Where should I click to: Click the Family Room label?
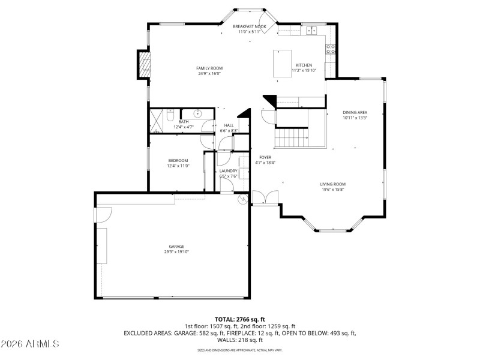click(x=209, y=68)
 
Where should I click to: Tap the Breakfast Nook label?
click(x=250, y=27)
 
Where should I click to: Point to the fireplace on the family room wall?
click(x=143, y=64)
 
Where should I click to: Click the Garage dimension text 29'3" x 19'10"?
click(x=176, y=252)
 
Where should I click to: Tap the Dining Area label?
click(x=355, y=112)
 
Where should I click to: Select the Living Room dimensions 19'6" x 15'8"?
click(x=332, y=190)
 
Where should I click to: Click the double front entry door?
click(x=265, y=198)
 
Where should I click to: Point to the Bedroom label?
click(x=178, y=160)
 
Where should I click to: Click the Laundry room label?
click(x=229, y=171)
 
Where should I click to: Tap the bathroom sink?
click(x=197, y=113)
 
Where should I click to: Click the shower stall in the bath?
click(x=157, y=120)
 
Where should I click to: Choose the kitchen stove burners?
click(x=330, y=50)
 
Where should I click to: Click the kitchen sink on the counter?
click(x=313, y=30)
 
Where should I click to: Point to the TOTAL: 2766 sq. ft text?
click(x=240, y=319)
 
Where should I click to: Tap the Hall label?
click(x=229, y=125)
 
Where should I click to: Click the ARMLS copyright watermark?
click(x=30, y=344)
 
